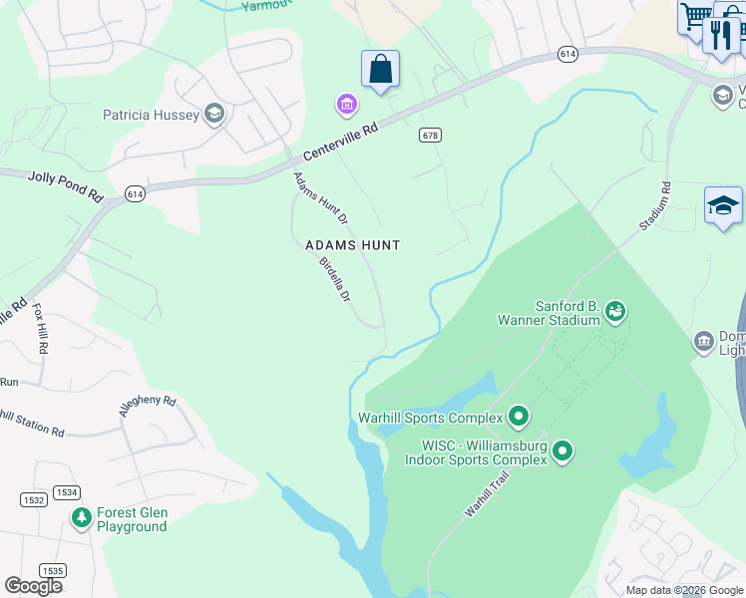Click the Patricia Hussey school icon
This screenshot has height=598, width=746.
click(x=213, y=115)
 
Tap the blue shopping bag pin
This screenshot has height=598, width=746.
click(x=380, y=70)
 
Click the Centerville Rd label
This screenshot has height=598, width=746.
click(x=341, y=143)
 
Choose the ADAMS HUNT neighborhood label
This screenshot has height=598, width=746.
click(x=352, y=245)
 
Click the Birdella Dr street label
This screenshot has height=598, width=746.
click(x=335, y=280)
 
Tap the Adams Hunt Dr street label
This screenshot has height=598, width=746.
click(x=320, y=197)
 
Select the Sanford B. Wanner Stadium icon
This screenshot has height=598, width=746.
click(x=615, y=312)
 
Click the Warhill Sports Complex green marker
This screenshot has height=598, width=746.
click(x=518, y=416)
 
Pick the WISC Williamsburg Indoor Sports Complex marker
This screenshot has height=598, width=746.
click(x=562, y=452)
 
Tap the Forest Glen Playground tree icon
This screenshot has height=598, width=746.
click(x=82, y=519)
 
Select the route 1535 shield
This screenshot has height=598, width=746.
click(x=53, y=570)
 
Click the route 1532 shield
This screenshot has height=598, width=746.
click(x=32, y=498)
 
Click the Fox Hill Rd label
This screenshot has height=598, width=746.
click(x=40, y=329)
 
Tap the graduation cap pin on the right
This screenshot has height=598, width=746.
click(x=723, y=206)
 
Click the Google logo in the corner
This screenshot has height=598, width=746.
click(x=33, y=586)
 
